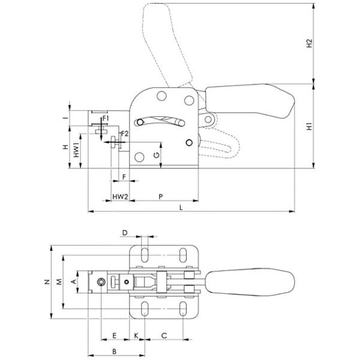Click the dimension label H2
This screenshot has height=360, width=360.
309,43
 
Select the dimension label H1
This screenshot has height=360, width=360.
309,127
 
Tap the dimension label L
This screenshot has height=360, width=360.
182,206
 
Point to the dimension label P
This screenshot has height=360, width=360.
160,196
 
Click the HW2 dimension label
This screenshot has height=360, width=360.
121,196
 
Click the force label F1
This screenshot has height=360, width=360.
106,119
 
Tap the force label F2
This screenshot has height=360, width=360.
124,133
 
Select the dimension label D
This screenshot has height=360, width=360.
125,232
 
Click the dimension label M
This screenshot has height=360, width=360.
59,281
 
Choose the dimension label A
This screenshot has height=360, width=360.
73,281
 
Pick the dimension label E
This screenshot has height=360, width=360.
114,335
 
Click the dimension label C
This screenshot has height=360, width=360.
164,335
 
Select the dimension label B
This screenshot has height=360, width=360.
114,350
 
